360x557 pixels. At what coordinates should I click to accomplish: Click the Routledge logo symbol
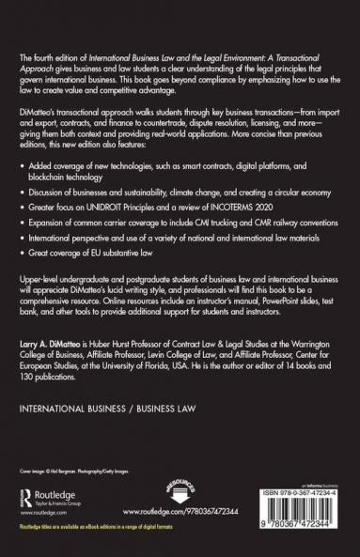28,494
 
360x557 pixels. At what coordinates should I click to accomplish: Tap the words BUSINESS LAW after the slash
164,411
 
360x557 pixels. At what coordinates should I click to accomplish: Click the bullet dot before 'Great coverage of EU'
23,277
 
